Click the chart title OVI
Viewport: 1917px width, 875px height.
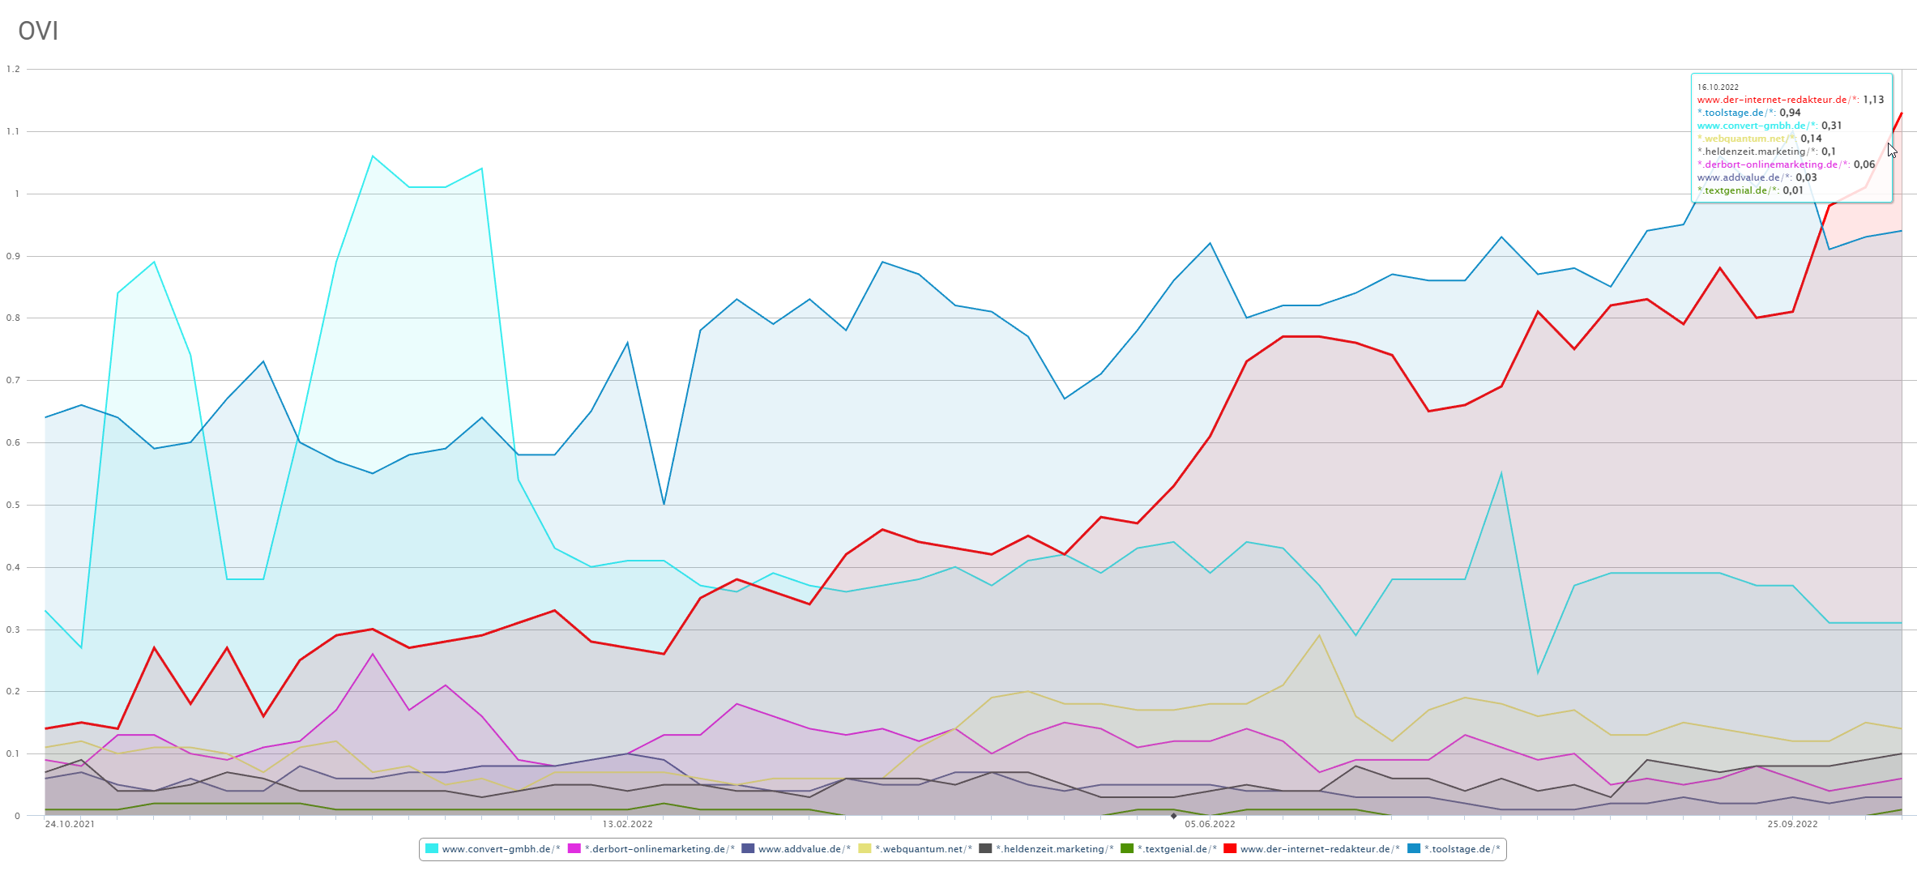38,31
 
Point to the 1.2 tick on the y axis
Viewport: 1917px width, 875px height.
13,69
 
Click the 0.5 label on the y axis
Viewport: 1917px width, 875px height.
13,505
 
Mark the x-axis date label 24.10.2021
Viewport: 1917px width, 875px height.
70,824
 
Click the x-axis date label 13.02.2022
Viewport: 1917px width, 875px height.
627,824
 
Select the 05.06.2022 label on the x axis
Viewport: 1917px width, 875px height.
1210,824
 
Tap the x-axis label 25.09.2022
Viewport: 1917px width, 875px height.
1792,824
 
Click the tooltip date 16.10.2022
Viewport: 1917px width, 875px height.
1718,87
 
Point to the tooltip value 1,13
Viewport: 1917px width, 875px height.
1873,100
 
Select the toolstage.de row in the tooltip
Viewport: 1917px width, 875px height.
1748,113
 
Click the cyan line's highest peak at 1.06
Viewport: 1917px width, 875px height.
373,156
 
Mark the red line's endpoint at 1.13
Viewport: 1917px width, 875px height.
1901,113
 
